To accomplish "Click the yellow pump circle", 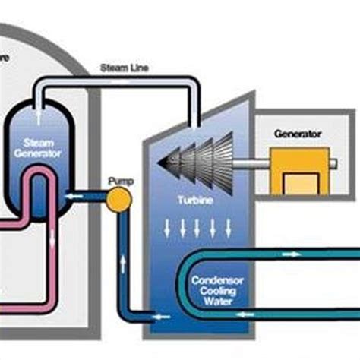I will [x=118, y=201].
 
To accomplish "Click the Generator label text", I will [x=297, y=134].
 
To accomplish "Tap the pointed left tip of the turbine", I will [x=159, y=163].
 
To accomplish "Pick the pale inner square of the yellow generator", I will [x=298, y=183].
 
